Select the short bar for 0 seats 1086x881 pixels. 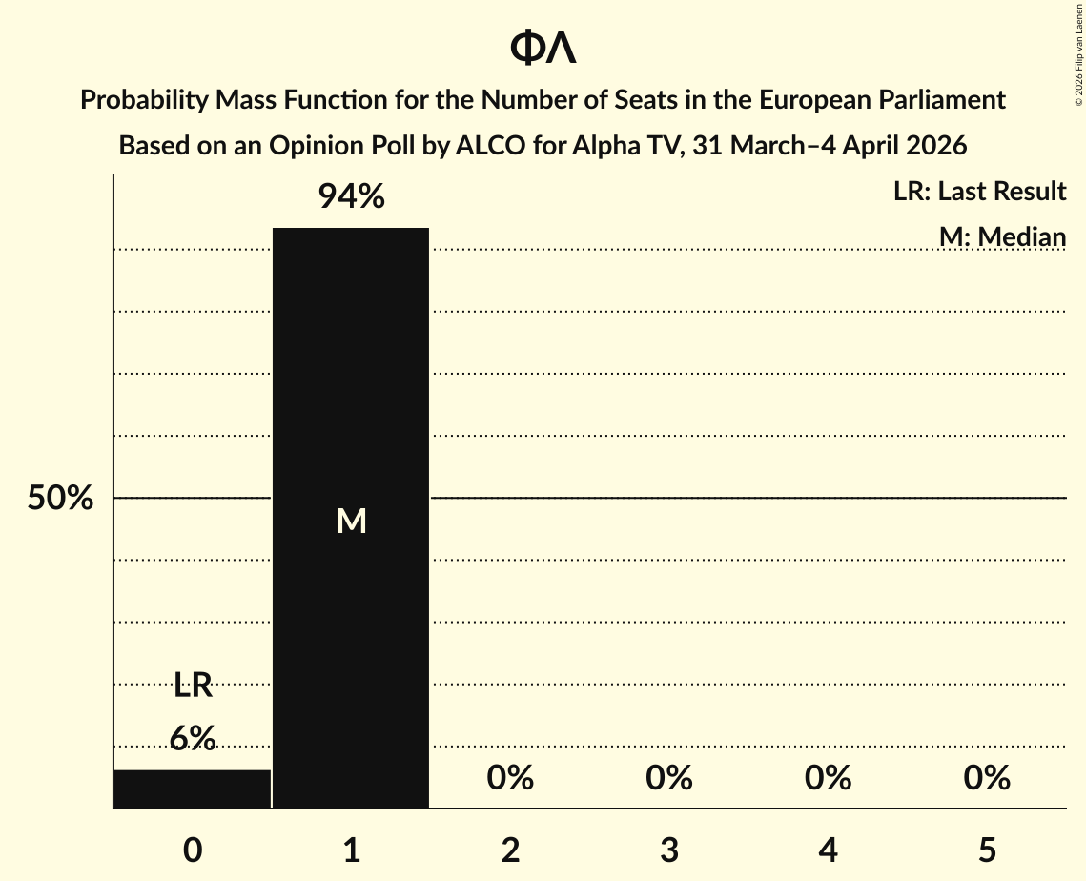[x=192, y=789]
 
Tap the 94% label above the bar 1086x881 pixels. [x=351, y=197]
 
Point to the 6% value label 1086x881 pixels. [x=193, y=738]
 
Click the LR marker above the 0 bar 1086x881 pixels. [x=193, y=684]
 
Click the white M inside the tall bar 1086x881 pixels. [x=351, y=521]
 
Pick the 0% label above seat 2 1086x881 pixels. [x=510, y=778]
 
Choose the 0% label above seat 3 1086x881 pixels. [x=669, y=778]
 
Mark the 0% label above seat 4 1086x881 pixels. [x=828, y=778]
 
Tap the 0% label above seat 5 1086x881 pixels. [x=987, y=778]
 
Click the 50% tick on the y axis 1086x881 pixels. [x=60, y=498]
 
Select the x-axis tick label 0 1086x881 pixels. [x=193, y=850]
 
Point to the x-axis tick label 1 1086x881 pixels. [x=351, y=850]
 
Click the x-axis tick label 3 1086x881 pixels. [x=669, y=850]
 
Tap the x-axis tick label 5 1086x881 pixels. [x=987, y=850]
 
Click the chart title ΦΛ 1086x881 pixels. [x=543, y=48]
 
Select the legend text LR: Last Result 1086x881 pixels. [x=979, y=192]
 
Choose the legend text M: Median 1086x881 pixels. [x=1002, y=236]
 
